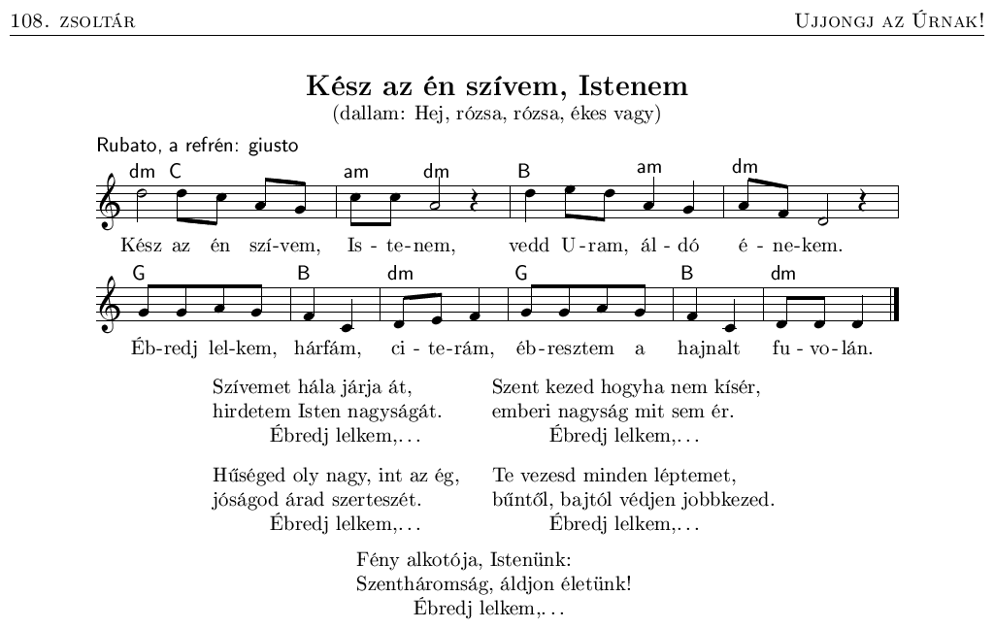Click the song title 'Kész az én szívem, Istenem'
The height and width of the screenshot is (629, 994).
(497, 86)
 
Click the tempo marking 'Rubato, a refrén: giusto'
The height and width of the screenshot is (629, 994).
(197, 147)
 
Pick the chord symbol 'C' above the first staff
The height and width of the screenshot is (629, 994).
(176, 171)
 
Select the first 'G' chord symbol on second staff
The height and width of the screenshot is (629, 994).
(139, 274)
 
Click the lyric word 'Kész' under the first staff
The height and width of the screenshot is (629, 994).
(141, 247)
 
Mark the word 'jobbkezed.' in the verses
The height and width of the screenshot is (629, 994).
(735, 501)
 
